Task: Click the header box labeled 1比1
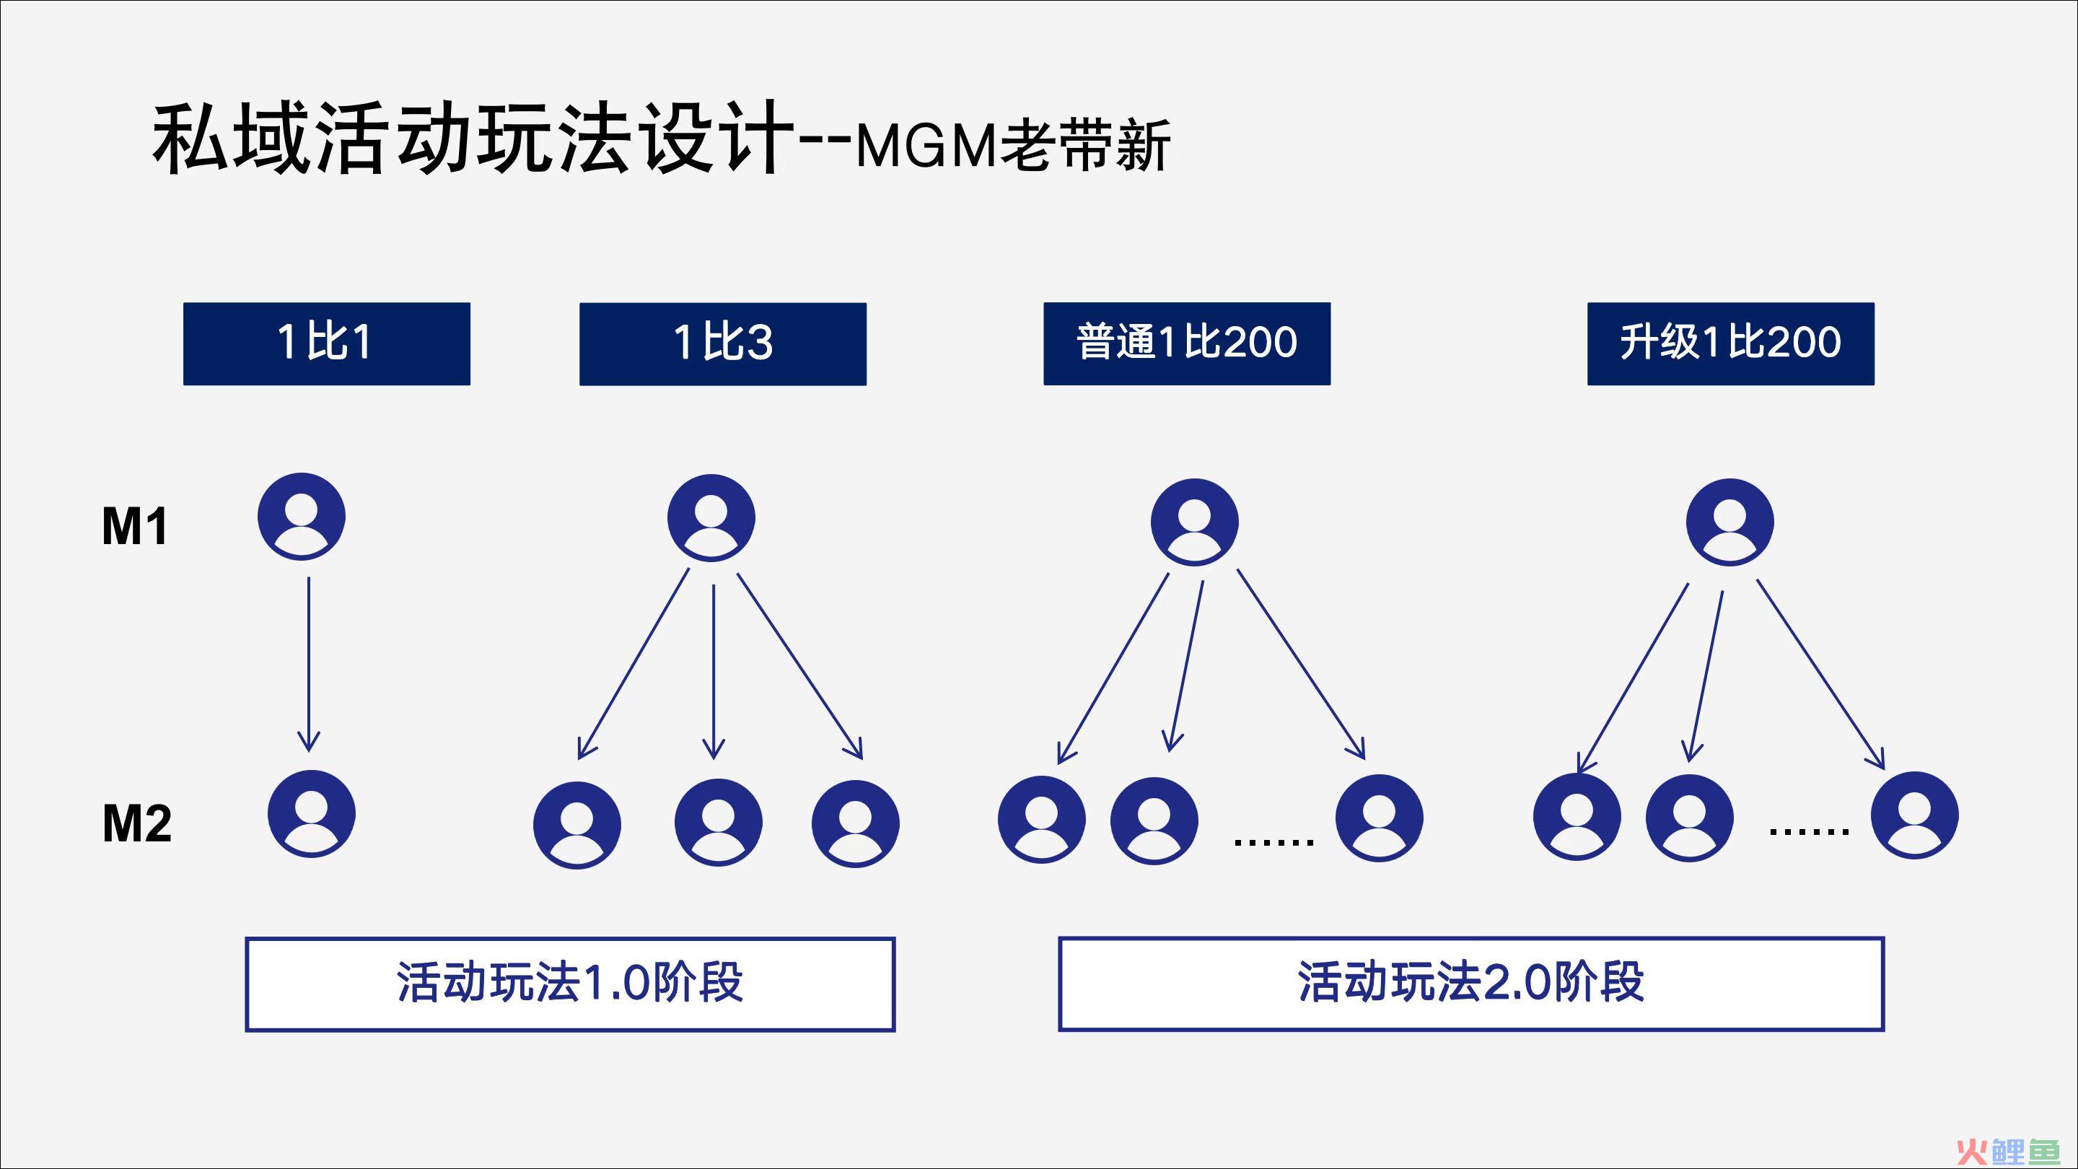(327, 343)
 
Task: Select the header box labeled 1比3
(723, 343)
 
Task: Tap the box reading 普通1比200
(1187, 343)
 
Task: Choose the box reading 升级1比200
(1730, 343)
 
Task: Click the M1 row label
(135, 527)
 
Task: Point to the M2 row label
(136, 823)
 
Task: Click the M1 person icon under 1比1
(302, 517)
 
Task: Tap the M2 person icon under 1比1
(312, 814)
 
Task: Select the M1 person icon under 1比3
(711, 518)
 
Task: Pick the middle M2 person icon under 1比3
(718, 823)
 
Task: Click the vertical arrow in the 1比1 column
(309, 664)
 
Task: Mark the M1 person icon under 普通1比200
(1195, 522)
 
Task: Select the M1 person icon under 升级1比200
(1730, 522)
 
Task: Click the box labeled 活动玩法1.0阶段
(570, 984)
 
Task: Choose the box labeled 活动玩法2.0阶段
(1471, 984)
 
